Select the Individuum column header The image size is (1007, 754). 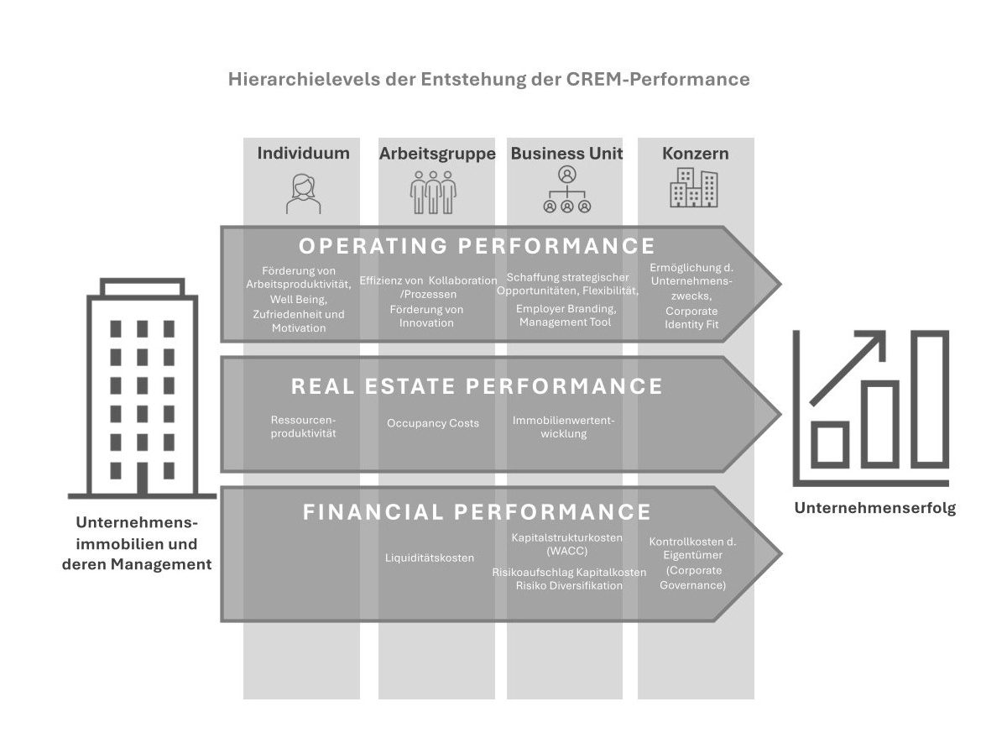303,154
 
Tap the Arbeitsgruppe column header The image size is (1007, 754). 437,154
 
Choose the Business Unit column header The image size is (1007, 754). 566,154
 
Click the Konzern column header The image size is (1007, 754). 695,154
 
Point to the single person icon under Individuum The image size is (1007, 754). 303,193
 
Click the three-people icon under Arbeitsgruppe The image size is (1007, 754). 433,192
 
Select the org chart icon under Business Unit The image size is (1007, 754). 567,191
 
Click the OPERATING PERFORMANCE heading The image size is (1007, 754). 477,246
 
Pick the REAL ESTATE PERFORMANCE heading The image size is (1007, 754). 477,386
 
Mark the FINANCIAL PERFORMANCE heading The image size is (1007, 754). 477,512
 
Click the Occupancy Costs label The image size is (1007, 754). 433,423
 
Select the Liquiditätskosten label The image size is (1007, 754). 430,558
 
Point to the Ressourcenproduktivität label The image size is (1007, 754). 303,427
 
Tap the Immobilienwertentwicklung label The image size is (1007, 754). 563,427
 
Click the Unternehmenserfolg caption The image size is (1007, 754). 874,508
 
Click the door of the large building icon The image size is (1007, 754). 143,478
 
